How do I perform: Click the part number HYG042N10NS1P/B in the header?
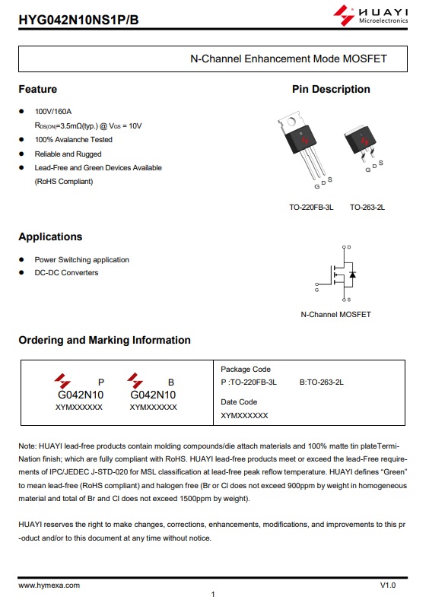(76, 16)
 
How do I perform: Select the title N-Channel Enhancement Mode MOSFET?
(288, 59)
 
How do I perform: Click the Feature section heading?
(38, 89)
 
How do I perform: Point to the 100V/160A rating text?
(53, 112)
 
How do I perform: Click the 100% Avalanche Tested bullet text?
(73, 140)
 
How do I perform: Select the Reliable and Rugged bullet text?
(68, 154)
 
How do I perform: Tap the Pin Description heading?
(331, 89)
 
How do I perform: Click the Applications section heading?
(50, 236)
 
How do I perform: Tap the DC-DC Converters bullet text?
(66, 273)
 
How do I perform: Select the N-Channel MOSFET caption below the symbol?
(335, 314)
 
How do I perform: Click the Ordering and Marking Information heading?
(104, 340)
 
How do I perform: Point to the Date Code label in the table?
(239, 401)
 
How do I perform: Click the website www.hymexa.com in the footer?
(49, 586)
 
